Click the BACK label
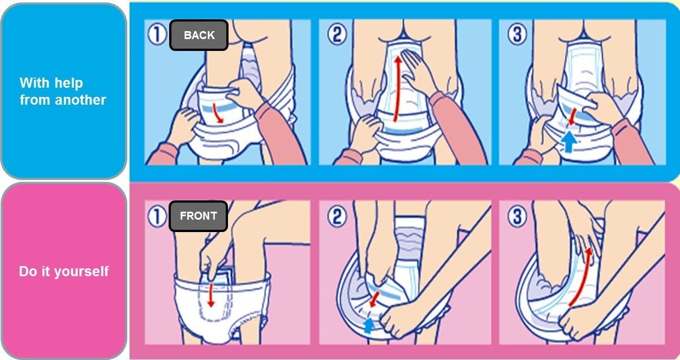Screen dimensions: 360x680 pos(199,35)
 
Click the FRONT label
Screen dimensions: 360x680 pos(198,216)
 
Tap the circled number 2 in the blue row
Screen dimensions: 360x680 pos(338,36)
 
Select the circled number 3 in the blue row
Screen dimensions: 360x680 pos(517,36)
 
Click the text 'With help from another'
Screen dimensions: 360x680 pos(63,92)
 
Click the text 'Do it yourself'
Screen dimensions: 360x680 pos(64,272)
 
